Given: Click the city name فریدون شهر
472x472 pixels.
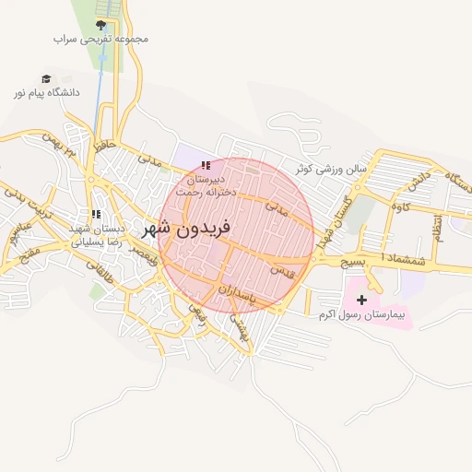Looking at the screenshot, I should pyautogui.click(x=189, y=227).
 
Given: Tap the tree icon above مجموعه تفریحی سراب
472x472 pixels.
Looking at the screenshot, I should pyautogui.click(x=100, y=25).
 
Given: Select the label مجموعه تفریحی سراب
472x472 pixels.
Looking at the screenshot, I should pyautogui.click(x=100, y=40).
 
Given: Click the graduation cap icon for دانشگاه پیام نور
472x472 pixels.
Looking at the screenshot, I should pyautogui.click(x=46, y=79).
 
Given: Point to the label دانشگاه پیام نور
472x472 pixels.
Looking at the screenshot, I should pyautogui.click(x=46, y=93).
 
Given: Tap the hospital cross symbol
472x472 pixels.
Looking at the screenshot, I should pyautogui.click(x=361, y=300).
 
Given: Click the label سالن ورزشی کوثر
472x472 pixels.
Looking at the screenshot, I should pyautogui.click(x=332, y=170).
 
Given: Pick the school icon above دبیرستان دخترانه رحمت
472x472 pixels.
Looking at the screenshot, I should pyautogui.click(x=205, y=165).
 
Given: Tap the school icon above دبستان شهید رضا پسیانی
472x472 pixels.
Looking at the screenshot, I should pyautogui.click(x=96, y=214).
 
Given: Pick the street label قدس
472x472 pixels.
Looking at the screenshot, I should pyautogui.click(x=282, y=270).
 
